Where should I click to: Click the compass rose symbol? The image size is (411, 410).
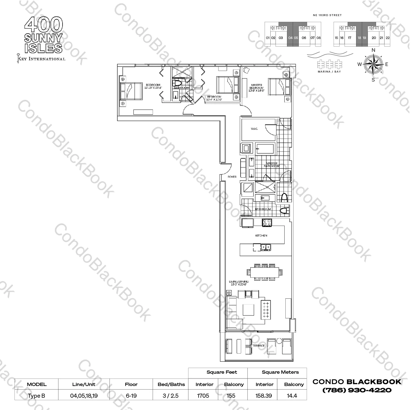[373, 64]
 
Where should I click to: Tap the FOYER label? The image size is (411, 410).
[232, 177]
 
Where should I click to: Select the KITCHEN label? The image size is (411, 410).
[261, 235]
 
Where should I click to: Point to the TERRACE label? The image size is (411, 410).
[258, 346]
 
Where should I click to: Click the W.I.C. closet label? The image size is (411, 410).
[254, 129]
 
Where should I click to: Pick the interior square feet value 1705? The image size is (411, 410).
[203, 396]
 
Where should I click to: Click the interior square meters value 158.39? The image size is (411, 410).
[264, 396]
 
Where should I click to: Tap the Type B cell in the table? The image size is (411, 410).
[36, 396]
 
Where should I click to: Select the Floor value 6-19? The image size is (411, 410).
[131, 396]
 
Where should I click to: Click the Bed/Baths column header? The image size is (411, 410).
[171, 384]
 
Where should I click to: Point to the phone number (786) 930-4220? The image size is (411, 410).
[357, 390]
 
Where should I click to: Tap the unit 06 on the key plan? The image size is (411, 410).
[304, 38]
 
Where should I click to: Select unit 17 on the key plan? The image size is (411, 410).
[350, 38]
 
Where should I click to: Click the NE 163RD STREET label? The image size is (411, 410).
[327, 15]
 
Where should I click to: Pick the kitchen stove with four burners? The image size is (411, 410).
[267, 223]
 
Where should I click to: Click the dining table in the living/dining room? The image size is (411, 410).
[264, 272]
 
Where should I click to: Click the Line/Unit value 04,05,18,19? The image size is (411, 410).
[84, 396]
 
